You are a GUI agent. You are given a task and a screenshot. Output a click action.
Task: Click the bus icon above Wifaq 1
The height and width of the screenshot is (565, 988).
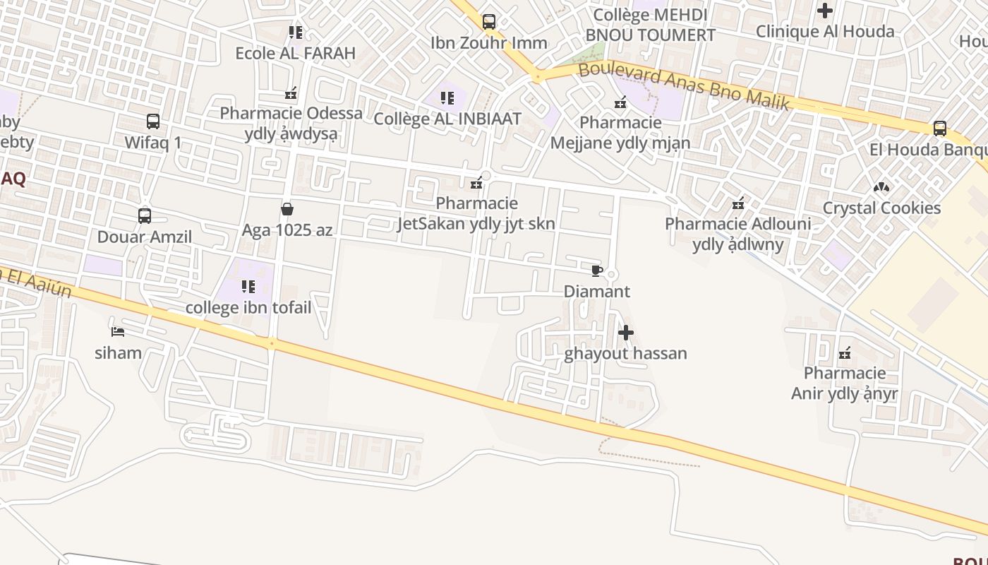[153, 121]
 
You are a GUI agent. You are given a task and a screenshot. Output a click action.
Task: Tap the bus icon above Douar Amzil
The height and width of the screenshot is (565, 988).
[145, 216]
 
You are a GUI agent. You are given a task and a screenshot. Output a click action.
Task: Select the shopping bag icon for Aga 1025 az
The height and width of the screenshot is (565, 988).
[287, 209]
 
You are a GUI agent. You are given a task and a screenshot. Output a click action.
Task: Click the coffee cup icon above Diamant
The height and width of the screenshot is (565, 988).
[596, 270]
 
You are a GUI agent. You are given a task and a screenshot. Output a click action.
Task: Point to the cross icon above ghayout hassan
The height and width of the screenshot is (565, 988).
[625, 333]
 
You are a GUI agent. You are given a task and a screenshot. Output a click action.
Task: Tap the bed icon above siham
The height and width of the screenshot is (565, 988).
[118, 331]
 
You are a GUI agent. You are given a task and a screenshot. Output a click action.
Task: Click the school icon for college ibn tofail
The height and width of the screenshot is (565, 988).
[248, 287]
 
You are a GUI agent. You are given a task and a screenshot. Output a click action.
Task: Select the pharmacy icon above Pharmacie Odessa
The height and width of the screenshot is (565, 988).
[291, 93]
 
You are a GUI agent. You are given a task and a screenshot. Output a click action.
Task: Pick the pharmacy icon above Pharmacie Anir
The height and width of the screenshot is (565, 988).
[845, 352]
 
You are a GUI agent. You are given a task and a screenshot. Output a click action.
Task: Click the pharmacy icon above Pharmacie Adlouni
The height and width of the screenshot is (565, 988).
[738, 203]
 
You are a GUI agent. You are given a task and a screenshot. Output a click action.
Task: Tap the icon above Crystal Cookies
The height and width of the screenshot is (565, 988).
[881, 187]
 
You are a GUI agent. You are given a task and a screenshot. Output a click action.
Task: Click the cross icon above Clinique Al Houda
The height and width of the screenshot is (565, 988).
[824, 11]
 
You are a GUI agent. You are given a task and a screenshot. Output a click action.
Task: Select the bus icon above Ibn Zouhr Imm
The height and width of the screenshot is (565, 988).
[489, 22]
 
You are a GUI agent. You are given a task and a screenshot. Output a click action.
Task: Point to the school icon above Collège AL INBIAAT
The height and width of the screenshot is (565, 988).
[447, 98]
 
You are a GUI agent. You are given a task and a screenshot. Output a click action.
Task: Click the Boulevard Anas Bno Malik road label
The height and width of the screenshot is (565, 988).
[683, 86]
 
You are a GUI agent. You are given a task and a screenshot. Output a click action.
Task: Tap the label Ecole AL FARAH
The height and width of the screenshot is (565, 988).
[295, 53]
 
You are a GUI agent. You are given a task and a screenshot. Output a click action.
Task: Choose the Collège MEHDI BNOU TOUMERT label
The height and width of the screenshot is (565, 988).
[650, 25]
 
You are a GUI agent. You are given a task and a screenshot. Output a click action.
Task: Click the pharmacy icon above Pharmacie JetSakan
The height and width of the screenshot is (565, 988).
[477, 183]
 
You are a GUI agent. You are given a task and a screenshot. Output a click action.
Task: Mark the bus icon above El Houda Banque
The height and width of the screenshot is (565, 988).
[940, 129]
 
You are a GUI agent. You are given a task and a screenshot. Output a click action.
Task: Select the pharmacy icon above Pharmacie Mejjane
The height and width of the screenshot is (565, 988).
[620, 102]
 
